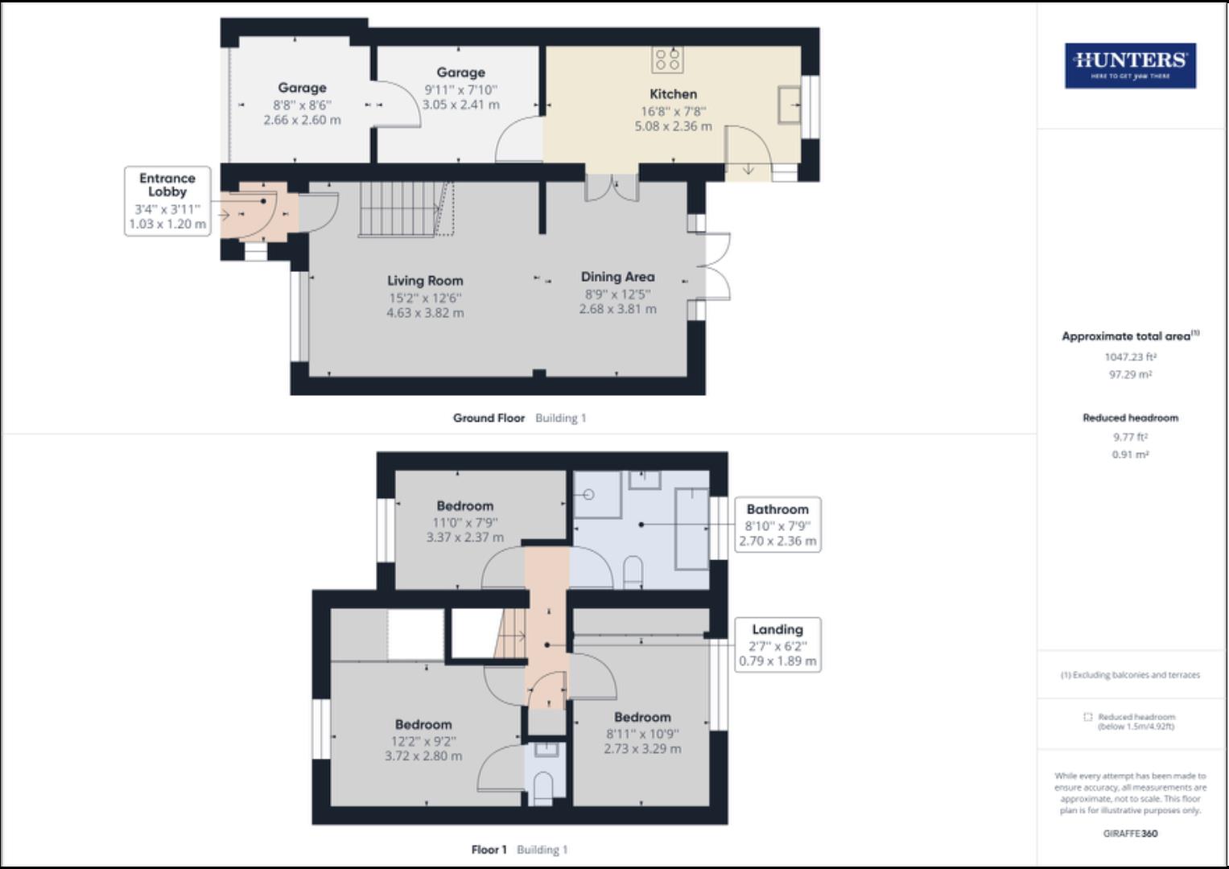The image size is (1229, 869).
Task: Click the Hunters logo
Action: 1130,65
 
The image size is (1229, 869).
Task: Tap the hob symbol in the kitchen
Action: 668,60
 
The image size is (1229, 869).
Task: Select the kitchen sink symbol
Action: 790,104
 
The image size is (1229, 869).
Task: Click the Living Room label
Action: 425,281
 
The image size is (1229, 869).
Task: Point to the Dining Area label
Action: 617,277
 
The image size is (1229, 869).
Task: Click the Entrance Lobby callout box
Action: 167,200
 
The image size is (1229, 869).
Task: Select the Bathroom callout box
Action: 777,525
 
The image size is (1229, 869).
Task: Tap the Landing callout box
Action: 777,645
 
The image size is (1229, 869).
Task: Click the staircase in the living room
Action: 402,208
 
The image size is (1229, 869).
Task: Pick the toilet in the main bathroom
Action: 633,573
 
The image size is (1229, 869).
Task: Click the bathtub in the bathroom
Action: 691,528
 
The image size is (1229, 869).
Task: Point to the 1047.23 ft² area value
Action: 1130,356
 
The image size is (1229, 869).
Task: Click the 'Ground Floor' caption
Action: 489,418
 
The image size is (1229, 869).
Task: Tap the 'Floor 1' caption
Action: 489,850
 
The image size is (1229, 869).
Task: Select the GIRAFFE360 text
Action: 1130,834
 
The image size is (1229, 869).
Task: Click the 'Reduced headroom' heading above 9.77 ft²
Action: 1130,418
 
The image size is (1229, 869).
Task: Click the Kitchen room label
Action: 673,94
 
